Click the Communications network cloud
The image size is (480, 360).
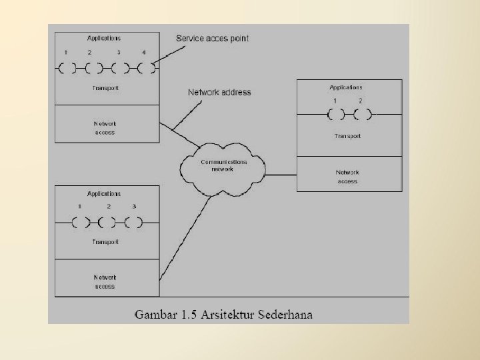pos(224,165)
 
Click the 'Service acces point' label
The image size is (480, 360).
pos(212,39)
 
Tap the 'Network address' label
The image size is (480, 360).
pos(219,93)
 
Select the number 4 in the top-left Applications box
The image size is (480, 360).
pos(143,53)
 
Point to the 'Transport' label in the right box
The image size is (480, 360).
pos(347,136)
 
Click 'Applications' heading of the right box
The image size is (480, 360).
pos(346,87)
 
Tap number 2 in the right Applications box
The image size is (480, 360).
pos(361,101)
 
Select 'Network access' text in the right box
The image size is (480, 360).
pos(347,177)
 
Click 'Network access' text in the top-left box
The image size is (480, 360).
pos(105,128)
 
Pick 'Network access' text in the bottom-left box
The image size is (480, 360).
pos(105,281)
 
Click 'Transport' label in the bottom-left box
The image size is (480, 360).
pos(105,242)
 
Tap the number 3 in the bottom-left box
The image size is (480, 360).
pos(134,207)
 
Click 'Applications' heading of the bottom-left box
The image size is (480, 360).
pos(104,194)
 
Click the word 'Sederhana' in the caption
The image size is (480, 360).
pos(281,315)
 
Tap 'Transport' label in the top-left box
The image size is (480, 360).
pos(105,88)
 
